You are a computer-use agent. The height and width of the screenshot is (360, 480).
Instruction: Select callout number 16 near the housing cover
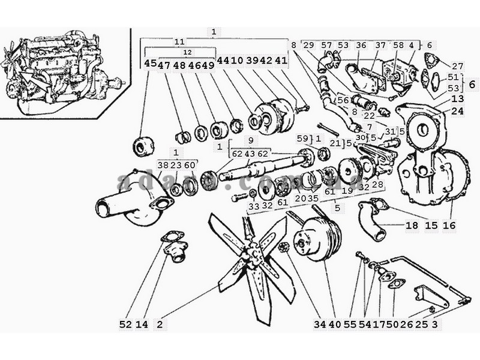[x=449, y=226]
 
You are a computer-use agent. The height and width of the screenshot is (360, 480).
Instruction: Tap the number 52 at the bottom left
[x=125, y=325]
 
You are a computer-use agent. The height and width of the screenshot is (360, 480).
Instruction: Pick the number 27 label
[x=458, y=66]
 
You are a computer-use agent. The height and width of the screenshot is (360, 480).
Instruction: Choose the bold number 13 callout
[x=458, y=99]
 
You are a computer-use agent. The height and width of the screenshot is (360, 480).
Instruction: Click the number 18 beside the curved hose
[x=412, y=226]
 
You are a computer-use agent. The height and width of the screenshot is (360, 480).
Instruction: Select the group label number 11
[x=179, y=42]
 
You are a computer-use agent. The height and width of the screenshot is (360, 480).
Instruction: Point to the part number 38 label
[x=163, y=166]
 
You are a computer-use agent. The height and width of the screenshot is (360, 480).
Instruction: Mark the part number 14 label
[x=142, y=325]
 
